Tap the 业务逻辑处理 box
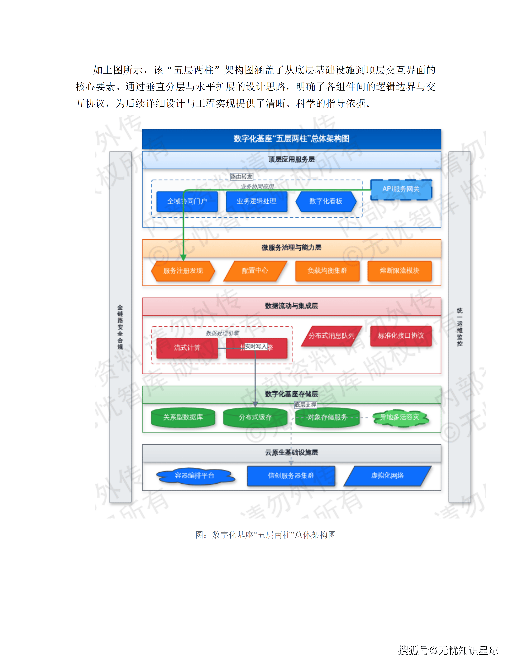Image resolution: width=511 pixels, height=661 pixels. tap(256, 201)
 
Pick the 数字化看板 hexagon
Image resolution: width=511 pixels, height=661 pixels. tap(326, 201)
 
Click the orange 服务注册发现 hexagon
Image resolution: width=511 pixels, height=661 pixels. tap(183, 271)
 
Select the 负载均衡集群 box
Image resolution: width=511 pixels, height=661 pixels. tap(327, 271)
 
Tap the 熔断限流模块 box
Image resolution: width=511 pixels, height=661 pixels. tap(400, 271)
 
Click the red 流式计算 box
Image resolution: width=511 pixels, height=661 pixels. tap(187, 348)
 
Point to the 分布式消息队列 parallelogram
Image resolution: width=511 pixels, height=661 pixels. tap(331, 336)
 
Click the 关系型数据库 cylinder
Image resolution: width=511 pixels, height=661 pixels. tap(183, 417)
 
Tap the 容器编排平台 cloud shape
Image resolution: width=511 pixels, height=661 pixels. tap(195, 476)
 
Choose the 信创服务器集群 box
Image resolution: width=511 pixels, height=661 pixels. tap(291, 476)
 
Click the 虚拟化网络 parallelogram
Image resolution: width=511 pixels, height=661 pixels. tap(387, 476)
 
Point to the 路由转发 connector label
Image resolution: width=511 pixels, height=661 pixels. tap(241, 177)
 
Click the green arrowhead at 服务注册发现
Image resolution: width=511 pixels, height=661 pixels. tap(183, 257)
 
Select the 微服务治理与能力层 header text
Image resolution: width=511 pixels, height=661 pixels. tap(291, 248)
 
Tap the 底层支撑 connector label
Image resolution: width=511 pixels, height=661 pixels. tap(305, 405)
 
